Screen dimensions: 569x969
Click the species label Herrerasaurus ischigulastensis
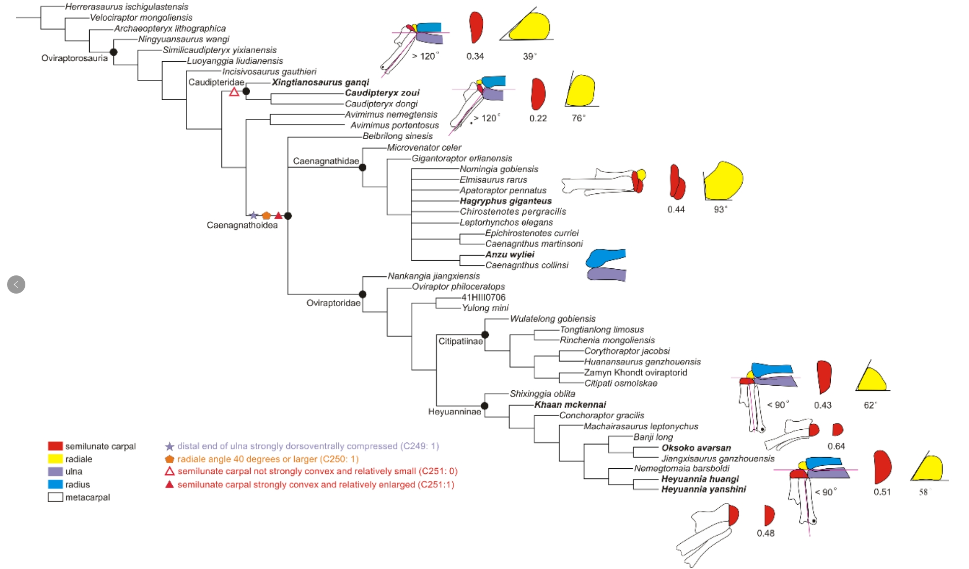pyautogui.click(x=127, y=7)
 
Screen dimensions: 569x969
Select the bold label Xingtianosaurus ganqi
pyautogui.click(x=320, y=83)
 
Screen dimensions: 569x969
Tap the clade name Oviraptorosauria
pyautogui.click(x=74, y=58)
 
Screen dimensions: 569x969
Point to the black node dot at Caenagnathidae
pyautogui.click(x=363, y=168)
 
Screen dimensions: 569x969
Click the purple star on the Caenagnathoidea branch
pyautogui.click(x=254, y=216)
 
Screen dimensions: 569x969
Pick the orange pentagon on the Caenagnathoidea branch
pyautogui.click(x=266, y=216)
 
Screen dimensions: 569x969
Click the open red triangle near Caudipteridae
pyautogui.click(x=234, y=92)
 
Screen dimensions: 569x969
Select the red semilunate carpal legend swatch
pyautogui.click(x=55, y=446)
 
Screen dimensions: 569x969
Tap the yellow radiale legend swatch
pyautogui.click(x=55, y=459)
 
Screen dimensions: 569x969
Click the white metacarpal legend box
pyautogui.click(x=55, y=497)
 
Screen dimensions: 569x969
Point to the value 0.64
pyautogui.click(x=836, y=446)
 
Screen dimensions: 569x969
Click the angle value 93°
pyautogui.click(x=720, y=209)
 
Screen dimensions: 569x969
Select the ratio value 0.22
pyautogui.click(x=538, y=118)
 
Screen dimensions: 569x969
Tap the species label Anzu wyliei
pyautogui.click(x=510, y=255)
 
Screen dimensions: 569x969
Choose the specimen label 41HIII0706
pyautogui.click(x=483, y=297)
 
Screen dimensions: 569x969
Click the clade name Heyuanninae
pyautogui.click(x=454, y=412)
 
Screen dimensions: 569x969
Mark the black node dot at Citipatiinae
pyautogui.click(x=485, y=335)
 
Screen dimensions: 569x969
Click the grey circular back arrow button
pyautogui.click(x=16, y=284)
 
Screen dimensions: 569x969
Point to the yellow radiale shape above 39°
pyautogui.click(x=530, y=27)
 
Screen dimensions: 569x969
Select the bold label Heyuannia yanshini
pyautogui.click(x=703, y=489)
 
